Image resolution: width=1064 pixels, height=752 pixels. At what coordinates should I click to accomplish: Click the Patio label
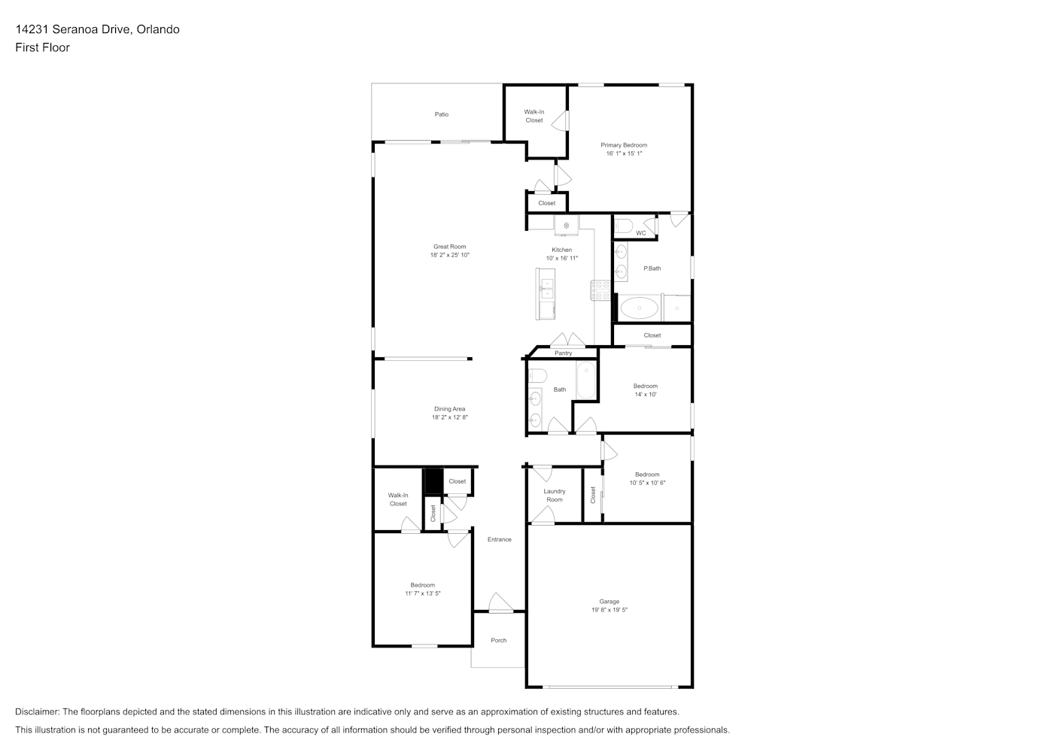click(441, 114)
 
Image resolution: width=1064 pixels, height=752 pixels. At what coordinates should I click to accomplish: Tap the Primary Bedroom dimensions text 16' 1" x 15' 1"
click(624, 153)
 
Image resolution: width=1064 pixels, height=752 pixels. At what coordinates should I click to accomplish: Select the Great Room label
click(449, 247)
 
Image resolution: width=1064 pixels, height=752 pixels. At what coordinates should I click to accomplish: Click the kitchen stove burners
click(600, 290)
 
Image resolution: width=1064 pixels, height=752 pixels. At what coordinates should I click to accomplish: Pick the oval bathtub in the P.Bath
click(639, 308)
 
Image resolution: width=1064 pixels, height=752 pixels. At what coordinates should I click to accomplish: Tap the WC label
click(641, 233)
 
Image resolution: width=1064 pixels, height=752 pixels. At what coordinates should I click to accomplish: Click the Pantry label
click(563, 353)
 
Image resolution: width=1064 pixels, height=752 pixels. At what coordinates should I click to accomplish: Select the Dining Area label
click(449, 409)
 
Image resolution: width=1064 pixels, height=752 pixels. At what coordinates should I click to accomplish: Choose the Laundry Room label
click(555, 495)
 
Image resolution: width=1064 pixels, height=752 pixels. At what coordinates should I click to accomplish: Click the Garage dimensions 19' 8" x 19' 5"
click(609, 610)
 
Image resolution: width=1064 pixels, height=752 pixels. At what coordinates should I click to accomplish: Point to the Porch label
click(498, 641)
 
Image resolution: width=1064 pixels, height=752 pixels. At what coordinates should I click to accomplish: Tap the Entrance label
click(499, 539)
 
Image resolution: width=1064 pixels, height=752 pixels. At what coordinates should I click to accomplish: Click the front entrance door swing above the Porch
click(500, 602)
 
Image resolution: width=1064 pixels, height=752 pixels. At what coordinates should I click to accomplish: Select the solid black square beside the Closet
click(433, 481)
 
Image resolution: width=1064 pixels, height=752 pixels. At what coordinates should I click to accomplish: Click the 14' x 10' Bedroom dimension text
click(645, 395)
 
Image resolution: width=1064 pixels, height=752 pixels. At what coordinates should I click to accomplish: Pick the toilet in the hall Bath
click(537, 375)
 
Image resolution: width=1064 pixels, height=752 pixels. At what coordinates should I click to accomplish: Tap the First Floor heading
click(42, 47)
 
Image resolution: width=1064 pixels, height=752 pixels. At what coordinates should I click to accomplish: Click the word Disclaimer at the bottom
click(37, 711)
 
